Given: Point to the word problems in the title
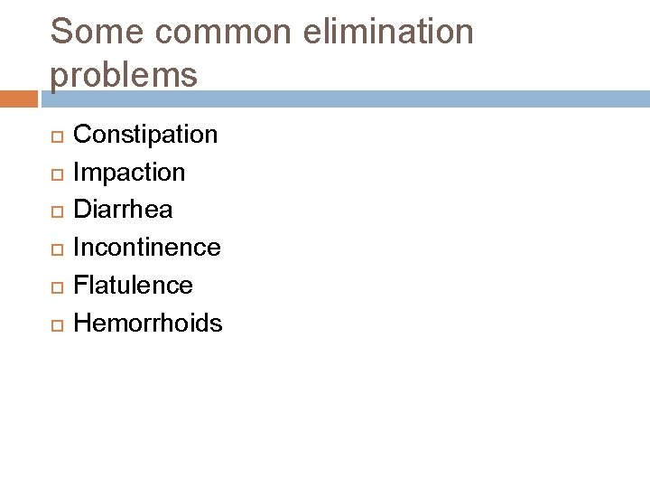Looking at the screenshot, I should point(125,76).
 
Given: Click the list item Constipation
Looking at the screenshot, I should point(145,136).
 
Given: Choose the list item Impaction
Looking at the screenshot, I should point(129,173).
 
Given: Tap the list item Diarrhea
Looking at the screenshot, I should point(123,210).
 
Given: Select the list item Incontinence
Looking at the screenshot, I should point(146,248).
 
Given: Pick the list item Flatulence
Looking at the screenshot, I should point(133,286).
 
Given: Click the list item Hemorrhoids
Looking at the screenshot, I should point(147,323).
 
